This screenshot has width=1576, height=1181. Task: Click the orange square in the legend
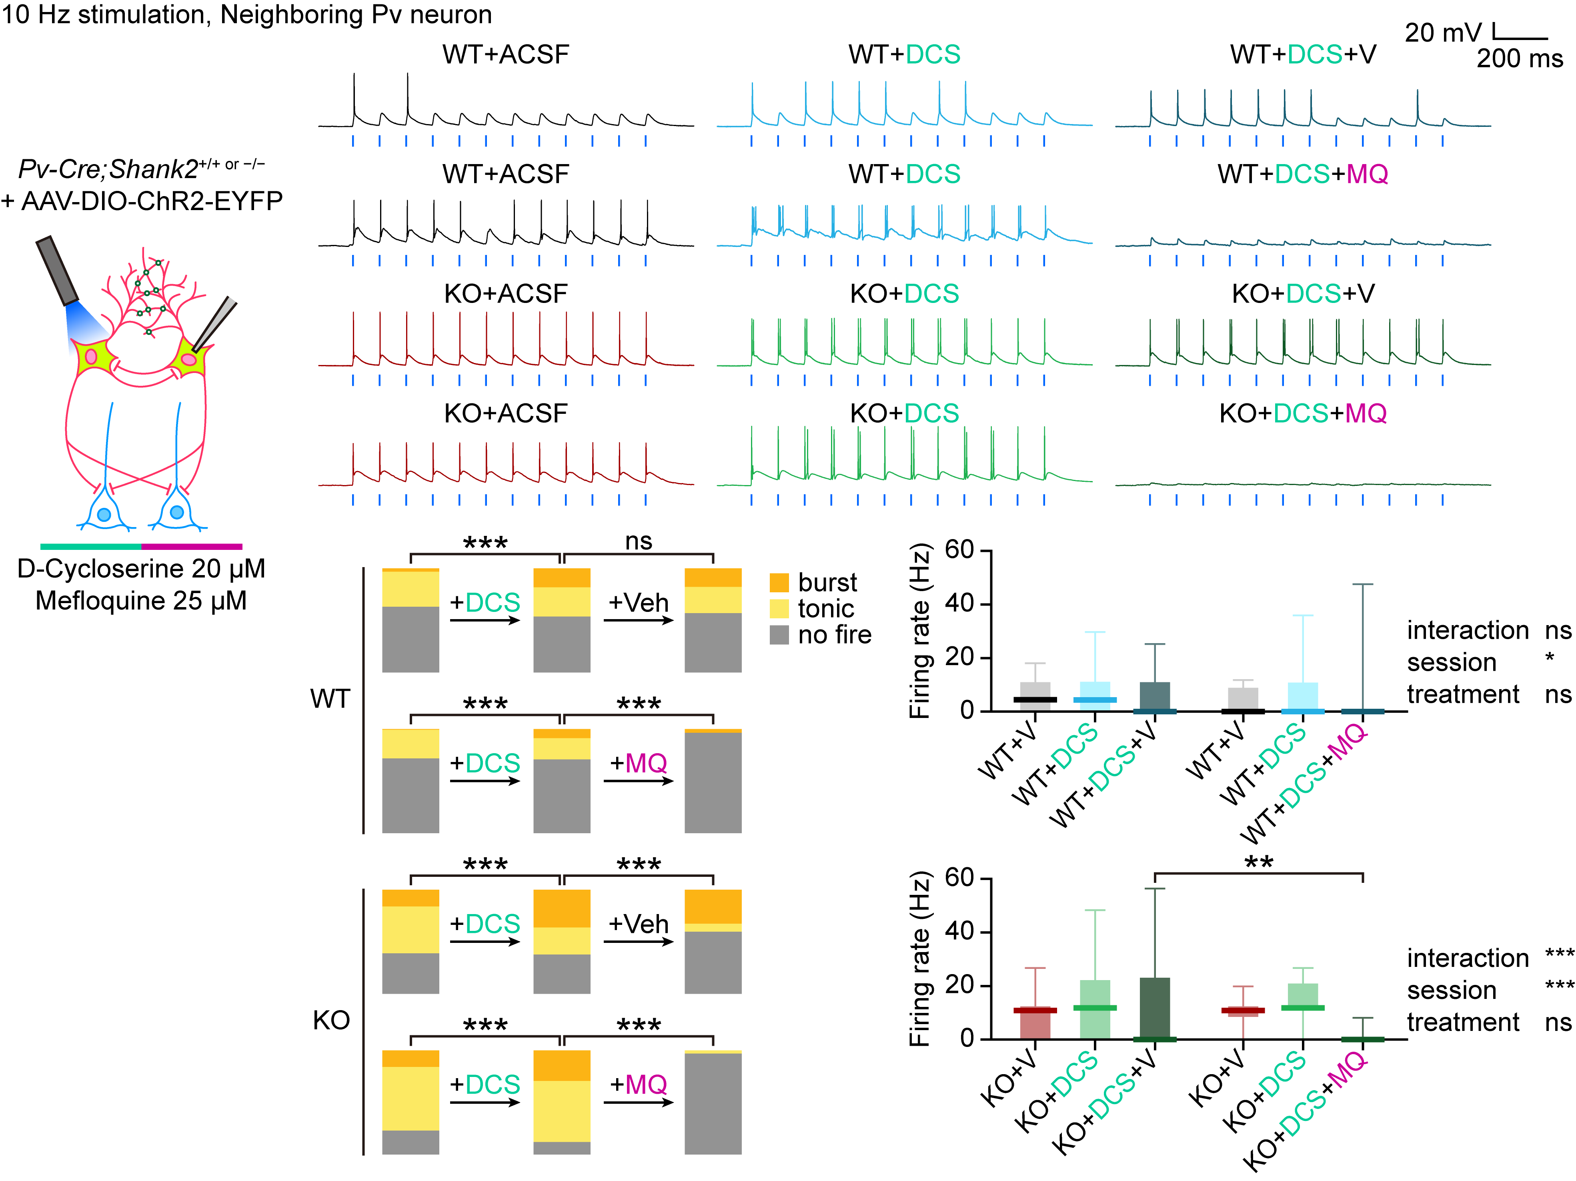pyautogui.click(x=779, y=582)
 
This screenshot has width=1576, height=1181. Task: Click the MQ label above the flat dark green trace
pyautogui.click(x=1366, y=413)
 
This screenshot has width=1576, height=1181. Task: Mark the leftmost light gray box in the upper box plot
pyautogui.click(x=1035, y=689)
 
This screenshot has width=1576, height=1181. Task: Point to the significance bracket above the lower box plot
pyautogui.click(x=1258, y=873)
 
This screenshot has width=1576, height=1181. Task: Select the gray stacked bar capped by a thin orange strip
pyautogui.click(x=713, y=782)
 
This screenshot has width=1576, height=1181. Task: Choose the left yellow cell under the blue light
pyautogui.click(x=95, y=356)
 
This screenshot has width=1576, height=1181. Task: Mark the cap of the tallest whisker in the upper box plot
pyautogui.click(x=1362, y=584)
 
